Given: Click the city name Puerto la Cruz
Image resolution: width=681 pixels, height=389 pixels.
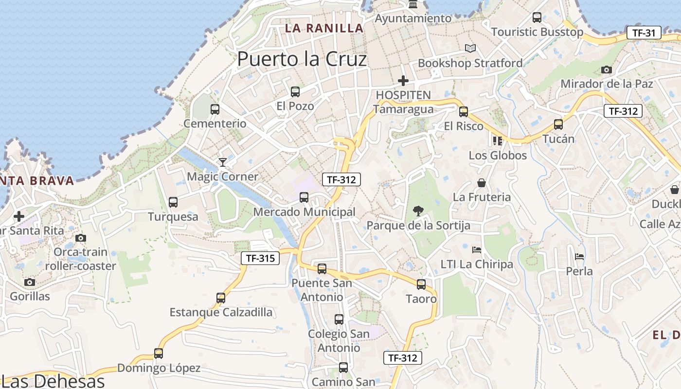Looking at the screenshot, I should [302, 59].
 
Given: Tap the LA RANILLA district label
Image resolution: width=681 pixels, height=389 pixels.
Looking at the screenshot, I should [324, 28].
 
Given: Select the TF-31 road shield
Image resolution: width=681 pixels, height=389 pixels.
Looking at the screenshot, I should [644, 33].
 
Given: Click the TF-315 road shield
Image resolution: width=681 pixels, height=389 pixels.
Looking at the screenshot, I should [260, 258].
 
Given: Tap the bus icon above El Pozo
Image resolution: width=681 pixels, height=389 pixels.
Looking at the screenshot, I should [295, 91].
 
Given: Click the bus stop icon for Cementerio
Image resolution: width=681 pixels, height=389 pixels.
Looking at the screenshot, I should [215, 109].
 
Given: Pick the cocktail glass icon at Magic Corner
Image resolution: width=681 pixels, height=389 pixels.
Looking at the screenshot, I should [223, 162].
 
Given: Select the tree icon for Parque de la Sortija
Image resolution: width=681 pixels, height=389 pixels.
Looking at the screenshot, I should [417, 211].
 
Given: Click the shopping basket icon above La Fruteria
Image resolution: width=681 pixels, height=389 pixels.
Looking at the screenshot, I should [482, 183].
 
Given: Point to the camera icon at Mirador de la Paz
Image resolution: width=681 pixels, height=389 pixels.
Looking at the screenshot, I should [606, 70].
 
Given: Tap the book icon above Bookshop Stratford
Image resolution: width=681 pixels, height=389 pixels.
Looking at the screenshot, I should [470, 48].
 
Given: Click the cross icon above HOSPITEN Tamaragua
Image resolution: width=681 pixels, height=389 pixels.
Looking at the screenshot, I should [403, 81].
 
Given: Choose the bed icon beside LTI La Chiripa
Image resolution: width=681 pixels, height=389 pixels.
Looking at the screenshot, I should [477, 250].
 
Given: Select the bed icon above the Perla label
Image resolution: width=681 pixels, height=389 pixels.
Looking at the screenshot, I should [579, 256].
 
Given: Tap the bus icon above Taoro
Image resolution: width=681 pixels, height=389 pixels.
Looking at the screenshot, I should [421, 284].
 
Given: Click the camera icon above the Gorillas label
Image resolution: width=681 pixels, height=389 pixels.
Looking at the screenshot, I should [30, 282].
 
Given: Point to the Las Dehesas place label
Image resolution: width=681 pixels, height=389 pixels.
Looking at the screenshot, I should [54, 381].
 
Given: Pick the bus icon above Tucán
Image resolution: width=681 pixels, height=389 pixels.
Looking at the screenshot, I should [558, 124].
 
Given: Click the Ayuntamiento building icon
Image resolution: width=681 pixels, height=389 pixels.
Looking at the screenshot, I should [413, 5].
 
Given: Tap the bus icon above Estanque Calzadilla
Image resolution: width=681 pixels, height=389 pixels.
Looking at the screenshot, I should [221, 298].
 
